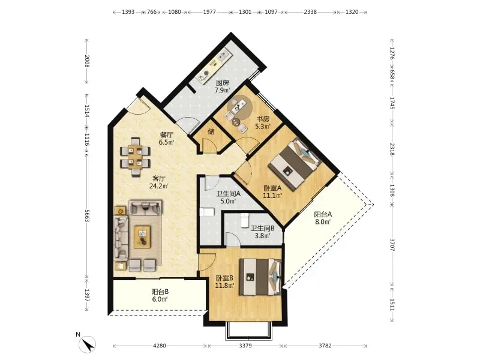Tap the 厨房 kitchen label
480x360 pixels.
coord(223,83)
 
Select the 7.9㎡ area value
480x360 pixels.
coord(222,91)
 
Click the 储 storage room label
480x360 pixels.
coord(211,131)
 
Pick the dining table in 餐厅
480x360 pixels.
coord(135,157)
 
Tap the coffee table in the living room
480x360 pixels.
coord(143,236)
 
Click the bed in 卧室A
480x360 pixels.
coord(295,164)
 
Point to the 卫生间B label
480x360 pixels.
coord(262,229)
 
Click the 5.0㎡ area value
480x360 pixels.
coord(228,201)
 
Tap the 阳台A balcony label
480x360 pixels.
coord(323,215)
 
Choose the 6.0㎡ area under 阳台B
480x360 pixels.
coord(160,299)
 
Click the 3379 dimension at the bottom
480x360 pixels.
coord(245,346)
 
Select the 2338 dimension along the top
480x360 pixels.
coord(310,12)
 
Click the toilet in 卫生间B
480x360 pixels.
coord(245,220)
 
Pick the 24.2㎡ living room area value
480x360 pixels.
coord(159,186)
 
